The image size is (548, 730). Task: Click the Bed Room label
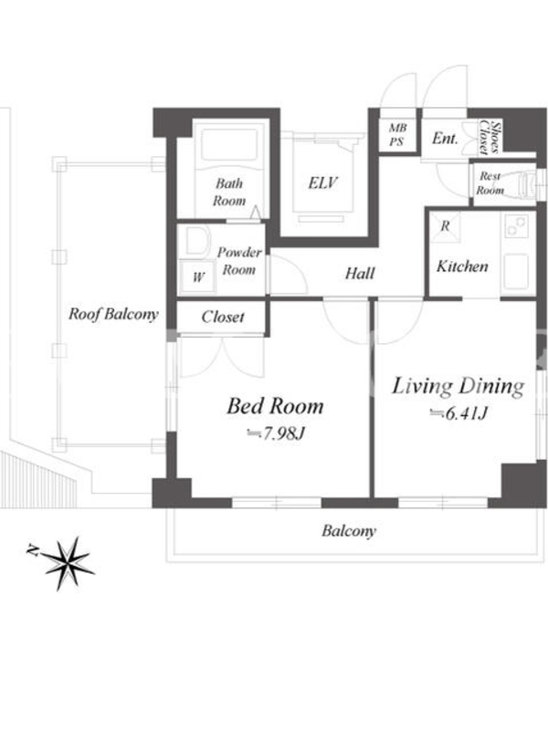275,406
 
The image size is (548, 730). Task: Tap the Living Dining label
458,386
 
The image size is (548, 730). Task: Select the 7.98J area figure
276,434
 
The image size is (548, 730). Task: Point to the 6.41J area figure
459,413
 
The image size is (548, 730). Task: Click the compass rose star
68,562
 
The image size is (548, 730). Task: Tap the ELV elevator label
322,183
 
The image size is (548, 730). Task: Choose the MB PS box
397,134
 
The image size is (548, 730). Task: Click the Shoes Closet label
490,138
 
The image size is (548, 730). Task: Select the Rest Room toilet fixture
529,184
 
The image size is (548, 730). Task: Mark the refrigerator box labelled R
445,226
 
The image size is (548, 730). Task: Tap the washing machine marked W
198,276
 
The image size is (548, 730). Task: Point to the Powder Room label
239,261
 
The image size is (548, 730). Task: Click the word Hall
360,273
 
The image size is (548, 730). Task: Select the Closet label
223,317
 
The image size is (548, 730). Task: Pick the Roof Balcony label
113,314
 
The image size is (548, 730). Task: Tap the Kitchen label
462,266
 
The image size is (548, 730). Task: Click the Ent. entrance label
445,139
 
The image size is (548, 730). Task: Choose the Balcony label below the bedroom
349,531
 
